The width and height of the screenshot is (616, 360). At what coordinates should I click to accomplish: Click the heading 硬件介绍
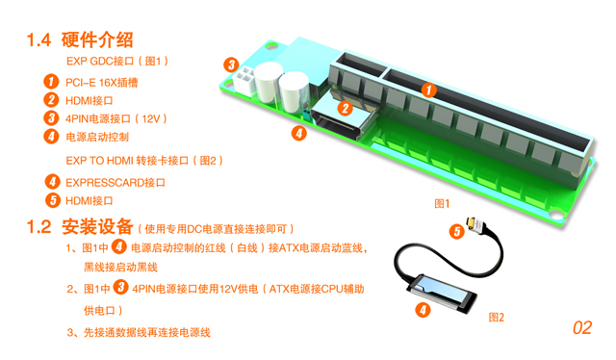(x=97, y=39)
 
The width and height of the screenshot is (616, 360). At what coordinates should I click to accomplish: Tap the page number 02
(x=581, y=328)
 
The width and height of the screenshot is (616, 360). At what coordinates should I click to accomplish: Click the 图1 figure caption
(x=442, y=203)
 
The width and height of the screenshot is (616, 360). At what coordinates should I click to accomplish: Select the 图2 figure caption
(x=497, y=317)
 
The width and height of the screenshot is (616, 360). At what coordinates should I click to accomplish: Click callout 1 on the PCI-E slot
(x=428, y=90)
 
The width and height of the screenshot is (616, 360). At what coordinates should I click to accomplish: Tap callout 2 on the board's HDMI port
(x=345, y=108)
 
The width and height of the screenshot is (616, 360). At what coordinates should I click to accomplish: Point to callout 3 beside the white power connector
(x=231, y=64)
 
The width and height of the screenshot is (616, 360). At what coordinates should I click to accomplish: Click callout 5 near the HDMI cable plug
(x=456, y=231)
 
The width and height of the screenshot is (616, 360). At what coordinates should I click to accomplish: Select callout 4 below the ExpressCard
(x=423, y=310)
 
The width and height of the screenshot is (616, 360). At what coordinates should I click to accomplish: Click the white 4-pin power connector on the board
(x=244, y=80)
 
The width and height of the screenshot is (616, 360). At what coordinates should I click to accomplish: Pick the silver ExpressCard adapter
(x=441, y=294)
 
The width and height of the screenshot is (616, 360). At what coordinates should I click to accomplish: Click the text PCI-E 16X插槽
(x=102, y=83)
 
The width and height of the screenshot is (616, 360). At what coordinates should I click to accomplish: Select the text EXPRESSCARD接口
(x=115, y=183)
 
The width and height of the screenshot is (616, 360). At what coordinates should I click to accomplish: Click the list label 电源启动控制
(x=97, y=137)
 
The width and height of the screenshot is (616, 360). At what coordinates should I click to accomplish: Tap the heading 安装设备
(x=97, y=226)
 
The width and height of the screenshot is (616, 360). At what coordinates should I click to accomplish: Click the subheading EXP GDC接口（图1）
(x=117, y=61)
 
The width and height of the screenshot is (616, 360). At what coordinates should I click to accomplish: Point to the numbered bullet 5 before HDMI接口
(x=53, y=200)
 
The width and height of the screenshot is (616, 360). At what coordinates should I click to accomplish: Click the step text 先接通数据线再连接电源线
(x=147, y=332)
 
